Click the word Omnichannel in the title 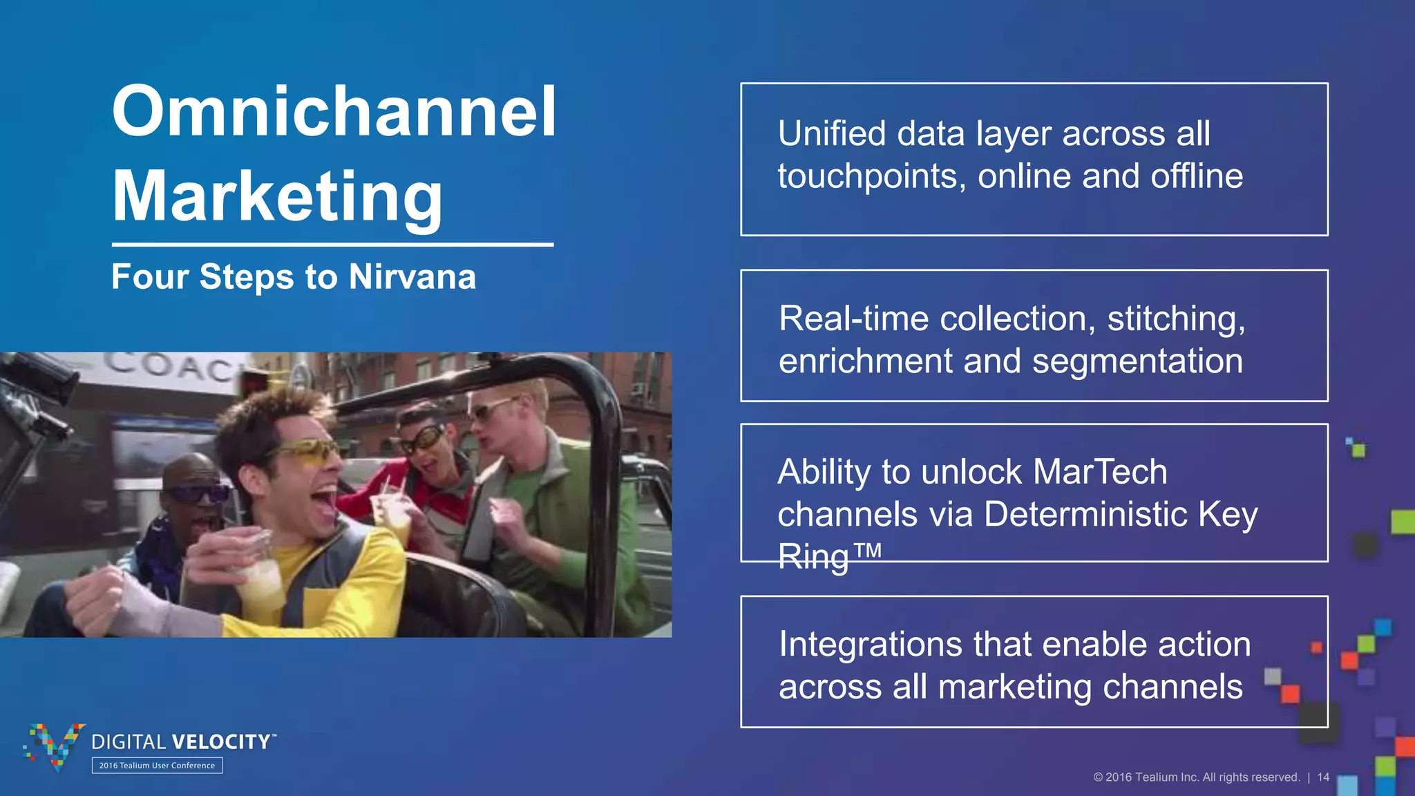point(334,112)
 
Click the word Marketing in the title point(276,197)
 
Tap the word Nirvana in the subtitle point(412,277)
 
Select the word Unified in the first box point(831,133)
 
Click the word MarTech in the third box point(1100,473)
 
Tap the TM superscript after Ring point(867,550)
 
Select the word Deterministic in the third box point(1085,515)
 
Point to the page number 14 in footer point(1322,777)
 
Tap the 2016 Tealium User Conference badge point(157,766)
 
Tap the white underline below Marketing point(332,245)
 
